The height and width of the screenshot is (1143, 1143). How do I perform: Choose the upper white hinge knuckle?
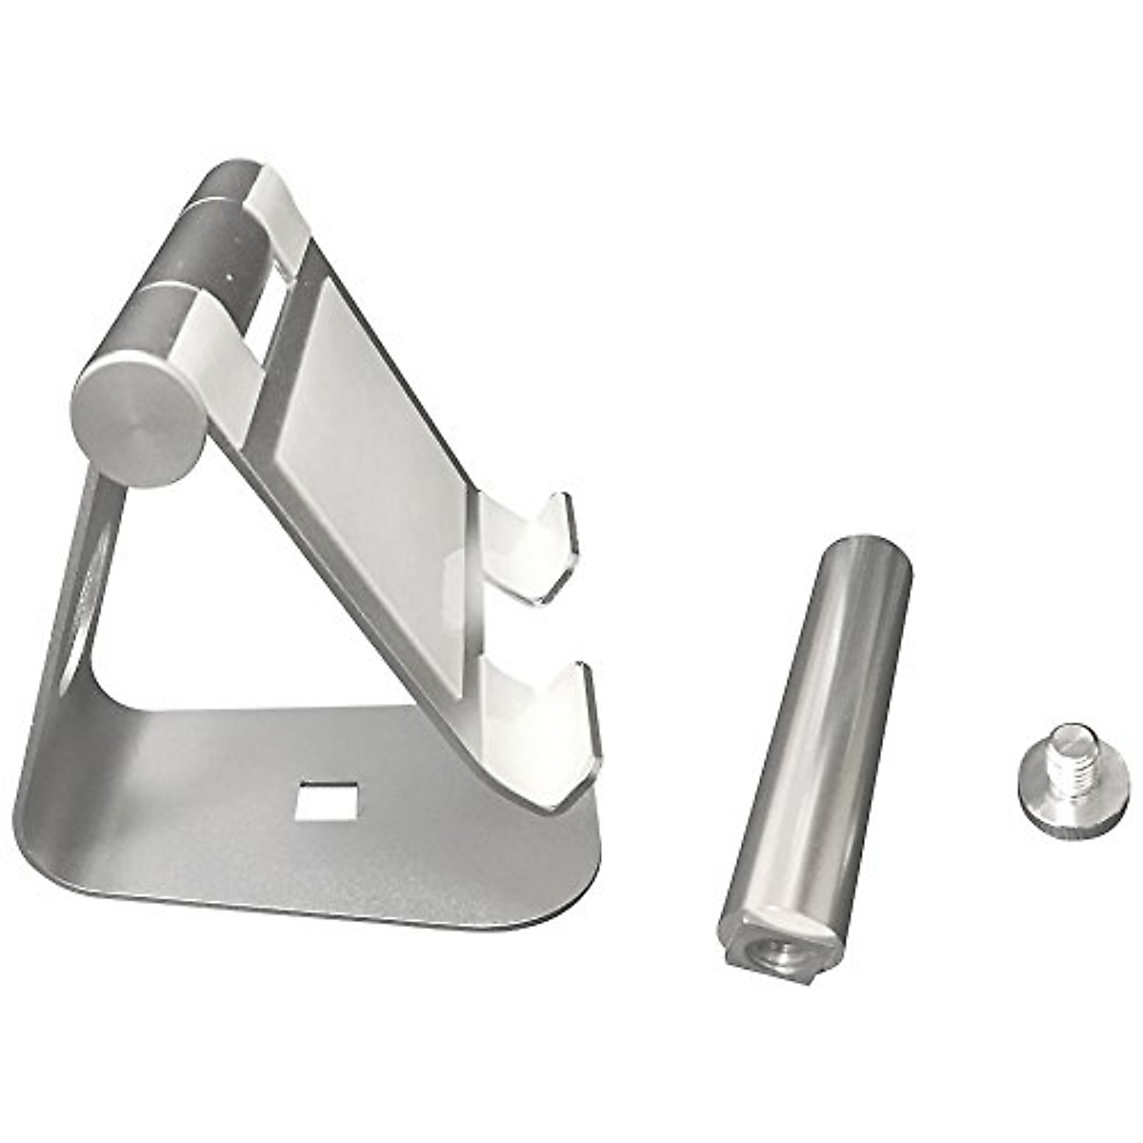point(276,214)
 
